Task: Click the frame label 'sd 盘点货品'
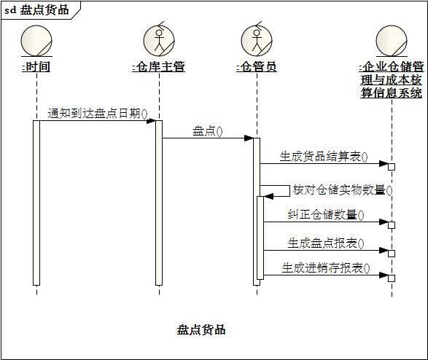(x=36, y=10)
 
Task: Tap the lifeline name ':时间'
(x=36, y=66)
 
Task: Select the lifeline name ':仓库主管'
(x=159, y=66)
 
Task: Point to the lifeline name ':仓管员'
(x=257, y=66)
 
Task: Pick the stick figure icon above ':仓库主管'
(x=159, y=39)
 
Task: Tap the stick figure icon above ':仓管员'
(x=257, y=39)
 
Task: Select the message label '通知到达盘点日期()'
(x=98, y=113)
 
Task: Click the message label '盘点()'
(x=208, y=131)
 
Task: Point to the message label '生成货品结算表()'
(x=324, y=157)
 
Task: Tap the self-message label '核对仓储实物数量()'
(x=343, y=189)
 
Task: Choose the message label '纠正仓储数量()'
(x=326, y=215)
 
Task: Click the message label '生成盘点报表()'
(x=326, y=243)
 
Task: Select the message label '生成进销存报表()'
(x=326, y=268)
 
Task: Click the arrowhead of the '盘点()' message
(x=249, y=138)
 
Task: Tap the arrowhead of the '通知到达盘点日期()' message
(x=151, y=120)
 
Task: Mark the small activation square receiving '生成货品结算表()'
(x=392, y=167)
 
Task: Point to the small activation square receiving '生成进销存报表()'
(x=392, y=278)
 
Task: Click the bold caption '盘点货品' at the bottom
(x=201, y=329)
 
